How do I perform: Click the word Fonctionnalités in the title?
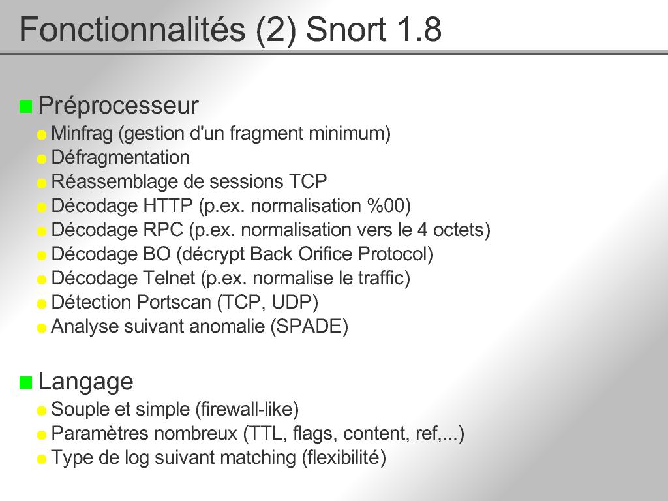point(132,29)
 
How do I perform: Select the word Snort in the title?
point(346,30)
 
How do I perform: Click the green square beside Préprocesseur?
point(25,106)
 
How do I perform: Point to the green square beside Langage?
point(25,382)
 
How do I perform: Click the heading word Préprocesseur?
point(119,106)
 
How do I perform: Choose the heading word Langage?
point(85,382)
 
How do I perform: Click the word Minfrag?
point(82,133)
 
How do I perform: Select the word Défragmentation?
point(121,158)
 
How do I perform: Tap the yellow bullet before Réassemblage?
point(41,183)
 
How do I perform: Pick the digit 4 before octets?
point(422,230)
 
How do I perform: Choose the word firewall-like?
point(247,410)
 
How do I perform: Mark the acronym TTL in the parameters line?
point(267,434)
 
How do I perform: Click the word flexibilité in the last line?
point(344,457)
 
